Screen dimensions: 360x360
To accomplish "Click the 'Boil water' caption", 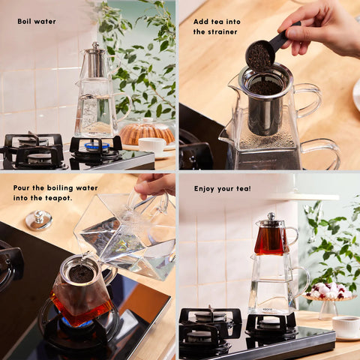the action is [x=37, y=22].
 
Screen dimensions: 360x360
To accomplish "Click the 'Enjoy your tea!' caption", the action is [x=222, y=188].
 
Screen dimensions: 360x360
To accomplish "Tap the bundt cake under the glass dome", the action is [x=147, y=133].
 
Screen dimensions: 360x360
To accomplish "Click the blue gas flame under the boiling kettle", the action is [x=97, y=146].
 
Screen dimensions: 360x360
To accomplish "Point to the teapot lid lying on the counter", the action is [x=39, y=220].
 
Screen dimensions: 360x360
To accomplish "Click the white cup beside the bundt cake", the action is [x=152, y=145].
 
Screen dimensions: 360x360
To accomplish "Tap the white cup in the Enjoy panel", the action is [x=346, y=326].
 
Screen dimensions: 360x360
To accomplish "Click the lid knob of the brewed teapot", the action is [x=271, y=216].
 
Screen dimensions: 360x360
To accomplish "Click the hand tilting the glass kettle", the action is [x=154, y=185].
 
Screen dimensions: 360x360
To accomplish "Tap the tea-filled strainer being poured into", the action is [x=81, y=271].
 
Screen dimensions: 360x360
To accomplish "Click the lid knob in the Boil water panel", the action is [x=95, y=45].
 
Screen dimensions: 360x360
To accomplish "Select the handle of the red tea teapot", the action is [x=292, y=235].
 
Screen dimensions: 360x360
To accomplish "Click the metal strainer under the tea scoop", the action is [x=265, y=99].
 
